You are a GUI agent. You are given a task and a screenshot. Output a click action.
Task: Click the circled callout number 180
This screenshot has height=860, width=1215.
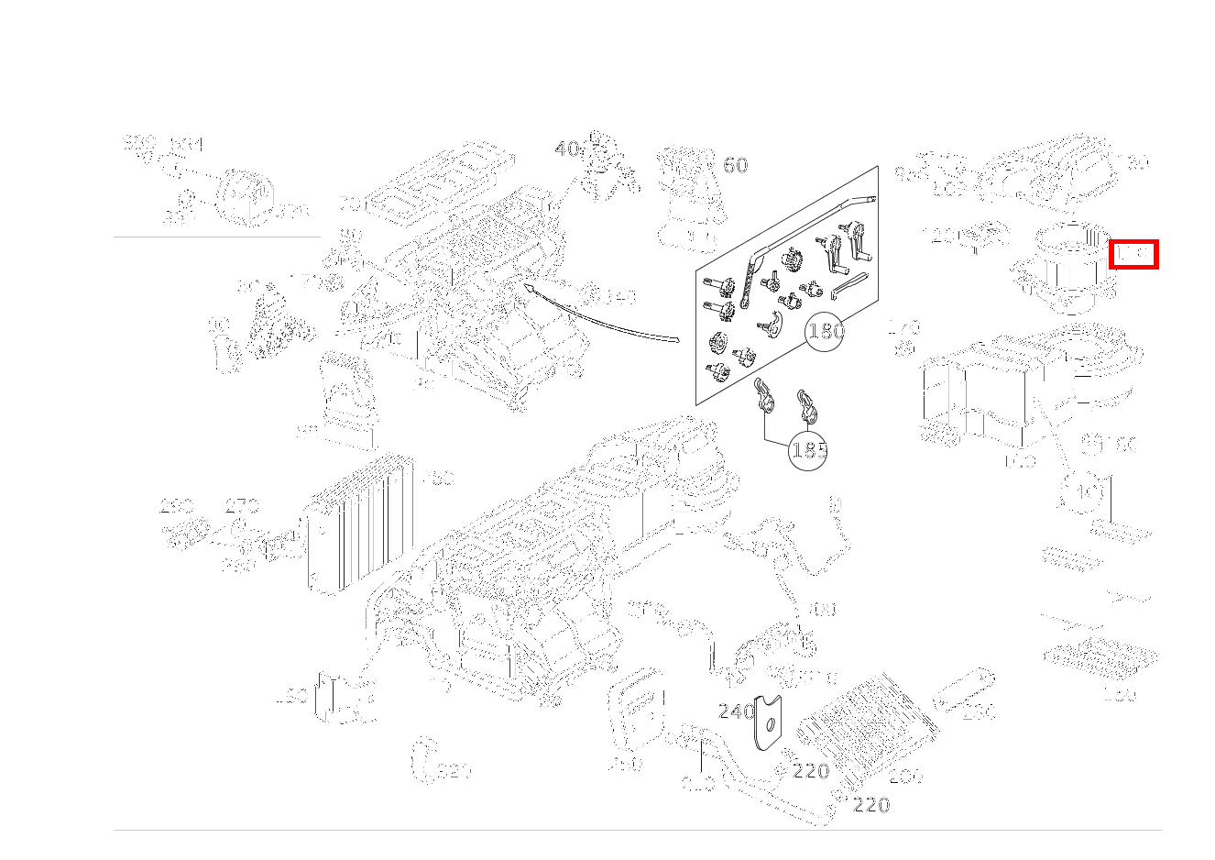click(x=825, y=330)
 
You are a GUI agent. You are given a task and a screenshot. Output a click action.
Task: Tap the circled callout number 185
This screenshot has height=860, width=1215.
click(x=808, y=449)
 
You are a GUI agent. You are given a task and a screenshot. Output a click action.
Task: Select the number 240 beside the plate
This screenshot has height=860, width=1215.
click(x=735, y=711)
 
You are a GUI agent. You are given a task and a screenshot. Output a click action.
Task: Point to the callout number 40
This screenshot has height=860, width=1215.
click(x=566, y=149)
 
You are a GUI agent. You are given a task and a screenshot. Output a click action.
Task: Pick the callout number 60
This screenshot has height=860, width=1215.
click(x=735, y=165)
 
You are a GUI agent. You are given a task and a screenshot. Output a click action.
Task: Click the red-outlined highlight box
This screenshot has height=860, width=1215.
click(x=1133, y=254)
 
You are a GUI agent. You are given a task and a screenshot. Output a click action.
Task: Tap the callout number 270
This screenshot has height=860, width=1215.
click(x=241, y=505)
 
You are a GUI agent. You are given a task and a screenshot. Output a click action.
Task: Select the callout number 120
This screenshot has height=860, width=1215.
click(x=941, y=237)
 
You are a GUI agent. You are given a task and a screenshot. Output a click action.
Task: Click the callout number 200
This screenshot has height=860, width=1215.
click(x=905, y=777)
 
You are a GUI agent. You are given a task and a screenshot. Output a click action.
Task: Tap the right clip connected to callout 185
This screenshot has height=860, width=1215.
click(x=807, y=404)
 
